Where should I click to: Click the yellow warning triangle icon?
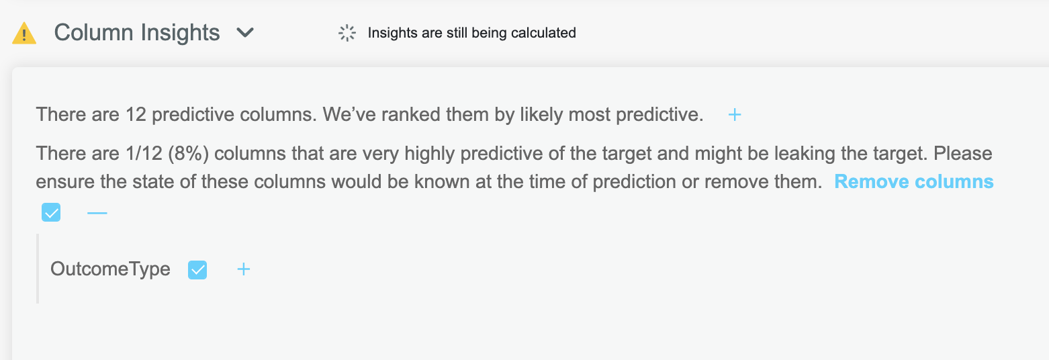pyautogui.click(x=24, y=33)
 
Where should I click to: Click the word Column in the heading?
pyautogui.click(x=93, y=33)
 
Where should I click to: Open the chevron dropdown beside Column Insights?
pyautogui.click(x=245, y=33)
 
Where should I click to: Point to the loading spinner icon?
pyautogui.click(x=347, y=33)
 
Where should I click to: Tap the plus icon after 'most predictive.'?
pyautogui.click(x=735, y=115)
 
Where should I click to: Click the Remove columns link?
pyautogui.click(x=913, y=181)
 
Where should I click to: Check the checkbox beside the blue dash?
pyautogui.click(x=51, y=212)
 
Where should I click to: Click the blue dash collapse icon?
pyautogui.click(x=97, y=213)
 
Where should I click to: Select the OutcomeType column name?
pyautogui.click(x=111, y=269)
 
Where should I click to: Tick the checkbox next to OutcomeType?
pyautogui.click(x=197, y=269)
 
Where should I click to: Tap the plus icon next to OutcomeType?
pyautogui.click(x=244, y=269)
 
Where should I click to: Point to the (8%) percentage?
pyautogui.click(x=188, y=154)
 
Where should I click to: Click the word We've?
pyautogui.click(x=349, y=115)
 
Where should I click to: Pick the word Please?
pyautogui.click(x=963, y=154)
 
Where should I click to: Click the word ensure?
pyautogui.click(x=65, y=181)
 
